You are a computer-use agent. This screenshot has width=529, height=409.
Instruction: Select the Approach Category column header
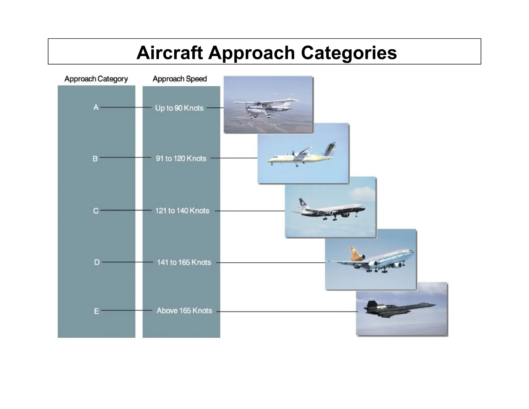coord(96,79)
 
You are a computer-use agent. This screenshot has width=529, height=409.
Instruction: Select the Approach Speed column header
coord(180,79)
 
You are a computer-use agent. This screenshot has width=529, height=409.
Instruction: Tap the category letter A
coord(96,107)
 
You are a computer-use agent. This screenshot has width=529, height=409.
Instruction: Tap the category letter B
coord(95,158)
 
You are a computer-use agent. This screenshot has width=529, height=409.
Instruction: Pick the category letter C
coord(96,211)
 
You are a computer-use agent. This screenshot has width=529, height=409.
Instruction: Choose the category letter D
coord(97,262)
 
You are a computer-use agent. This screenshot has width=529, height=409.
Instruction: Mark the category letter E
coord(96,311)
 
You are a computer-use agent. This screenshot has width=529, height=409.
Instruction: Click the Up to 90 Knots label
coord(179,108)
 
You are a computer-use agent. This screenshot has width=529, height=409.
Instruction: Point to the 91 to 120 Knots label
coord(181,158)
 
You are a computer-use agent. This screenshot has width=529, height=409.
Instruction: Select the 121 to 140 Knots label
coord(182,210)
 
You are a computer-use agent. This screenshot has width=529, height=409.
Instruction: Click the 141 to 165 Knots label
coord(184,262)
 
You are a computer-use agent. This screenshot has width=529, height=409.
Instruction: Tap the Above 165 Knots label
coord(184,310)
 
